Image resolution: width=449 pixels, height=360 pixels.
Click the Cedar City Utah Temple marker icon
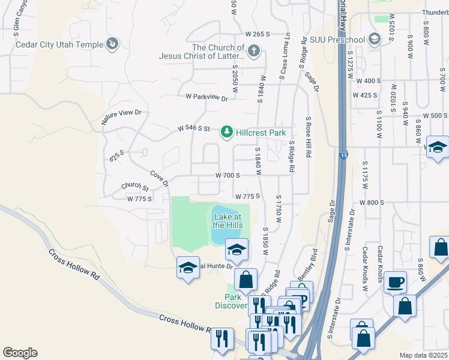pos(112,43)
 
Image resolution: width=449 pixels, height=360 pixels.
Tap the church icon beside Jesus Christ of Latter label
pos(254,50)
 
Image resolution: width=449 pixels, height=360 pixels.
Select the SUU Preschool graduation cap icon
pos(375,40)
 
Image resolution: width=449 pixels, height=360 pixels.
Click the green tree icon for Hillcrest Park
pos(226,131)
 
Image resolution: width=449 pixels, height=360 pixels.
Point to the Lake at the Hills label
pos(227,220)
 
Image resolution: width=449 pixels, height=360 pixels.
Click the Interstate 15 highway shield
pos(343,155)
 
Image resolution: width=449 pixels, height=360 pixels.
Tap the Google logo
pos(20,353)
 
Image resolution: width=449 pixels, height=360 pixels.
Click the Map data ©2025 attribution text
pos(423,355)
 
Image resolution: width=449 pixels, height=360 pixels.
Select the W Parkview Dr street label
pos(206,97)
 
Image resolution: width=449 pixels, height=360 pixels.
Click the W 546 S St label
pos(193,128)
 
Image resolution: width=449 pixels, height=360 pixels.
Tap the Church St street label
pos(134,187)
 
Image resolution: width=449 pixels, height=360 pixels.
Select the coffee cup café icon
pos(396,281)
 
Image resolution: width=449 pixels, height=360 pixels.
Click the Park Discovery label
pos(231,301)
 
